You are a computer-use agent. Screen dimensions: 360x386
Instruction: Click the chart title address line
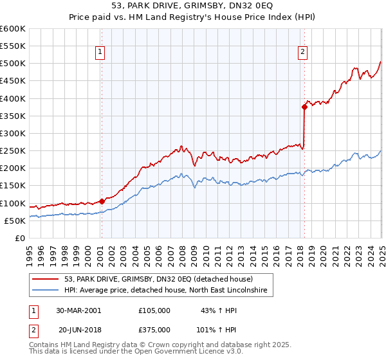pos(192,6)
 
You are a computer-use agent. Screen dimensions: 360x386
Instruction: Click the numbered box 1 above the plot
pos(101,53)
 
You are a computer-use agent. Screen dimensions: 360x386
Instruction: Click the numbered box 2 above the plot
pos(302,53)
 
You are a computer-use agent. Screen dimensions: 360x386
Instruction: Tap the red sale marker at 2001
pos(102,201)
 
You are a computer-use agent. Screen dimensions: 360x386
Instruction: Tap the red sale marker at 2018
pos(304,107)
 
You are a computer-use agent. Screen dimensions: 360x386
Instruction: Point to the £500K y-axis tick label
pos(13,64)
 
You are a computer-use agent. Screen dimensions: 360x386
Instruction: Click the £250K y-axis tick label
pos(13,151)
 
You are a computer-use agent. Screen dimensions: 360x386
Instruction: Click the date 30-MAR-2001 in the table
pos(78,310)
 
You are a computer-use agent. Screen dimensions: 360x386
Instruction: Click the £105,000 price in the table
pos(154,310)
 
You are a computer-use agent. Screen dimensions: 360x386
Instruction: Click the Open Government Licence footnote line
pos(136,353)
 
